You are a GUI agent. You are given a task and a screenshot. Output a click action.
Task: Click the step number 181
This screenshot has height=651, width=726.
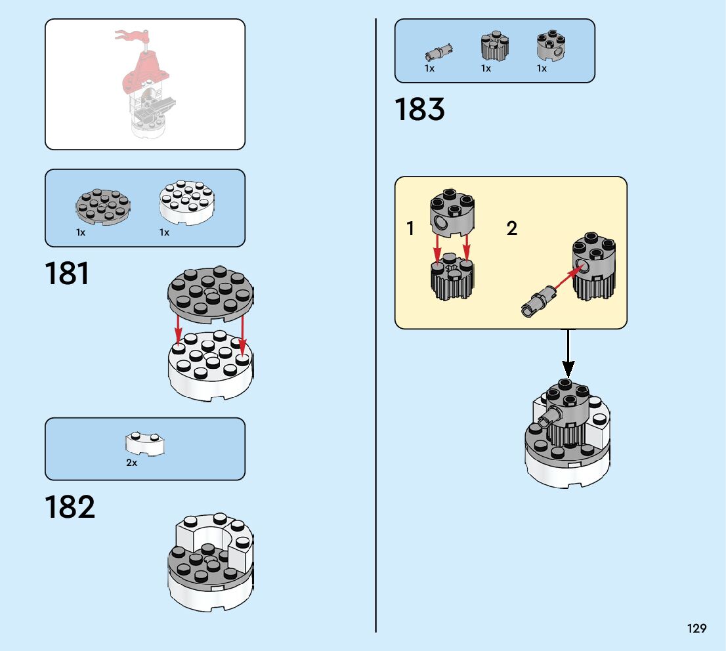[67, 273]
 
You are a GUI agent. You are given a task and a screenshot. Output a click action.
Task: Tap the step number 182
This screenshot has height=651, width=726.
[70, 507]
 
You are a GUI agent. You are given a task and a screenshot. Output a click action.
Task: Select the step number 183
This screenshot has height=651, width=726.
[419, 110]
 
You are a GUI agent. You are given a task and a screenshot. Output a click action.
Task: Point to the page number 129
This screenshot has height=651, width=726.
[697, 629]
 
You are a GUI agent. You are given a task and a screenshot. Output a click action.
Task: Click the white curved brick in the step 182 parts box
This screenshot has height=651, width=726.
[145, 444]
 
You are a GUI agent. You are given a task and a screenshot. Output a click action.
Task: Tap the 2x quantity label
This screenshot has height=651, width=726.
[132, 463]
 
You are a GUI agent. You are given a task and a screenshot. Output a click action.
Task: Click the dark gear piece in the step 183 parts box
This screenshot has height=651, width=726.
[494, 47]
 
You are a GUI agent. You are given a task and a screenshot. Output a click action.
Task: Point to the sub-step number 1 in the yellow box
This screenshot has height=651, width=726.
[411, 228]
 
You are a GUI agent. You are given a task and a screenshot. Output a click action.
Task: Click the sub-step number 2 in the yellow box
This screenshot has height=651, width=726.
[512, 228]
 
